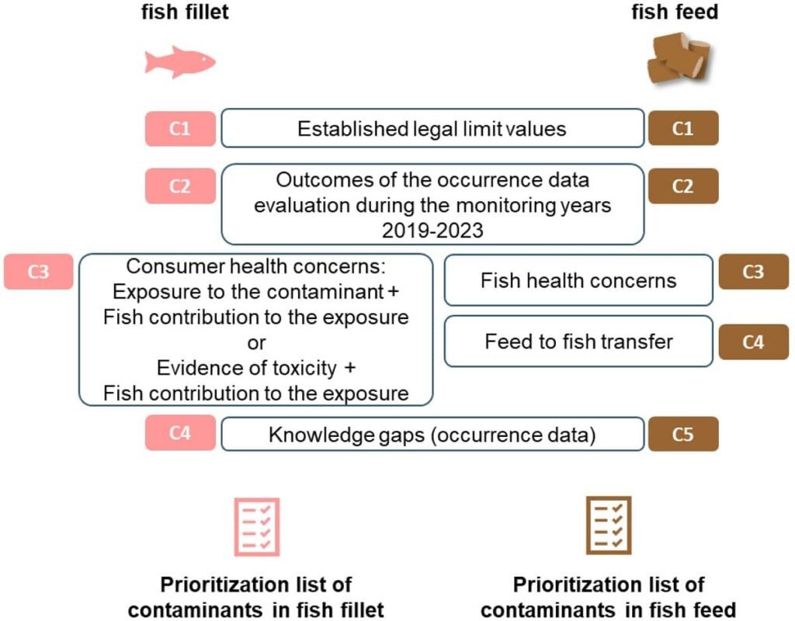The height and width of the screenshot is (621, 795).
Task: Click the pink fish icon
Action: pyautogui.click(x=179, y=62)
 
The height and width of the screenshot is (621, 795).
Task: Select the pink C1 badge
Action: pyautogui.click(x=179, y=129)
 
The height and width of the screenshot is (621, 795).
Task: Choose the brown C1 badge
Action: pyautogui.click(x=683, y=129)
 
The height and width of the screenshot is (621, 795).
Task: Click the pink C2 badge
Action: pyautogui.click(x=179, y=186)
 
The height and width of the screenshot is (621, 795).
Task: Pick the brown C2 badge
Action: pyautogui.click(x=683, y=186)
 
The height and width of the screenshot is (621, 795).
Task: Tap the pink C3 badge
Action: pyautogui.click(x=38, y=272)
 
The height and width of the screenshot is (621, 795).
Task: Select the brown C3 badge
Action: pyautogui.click(x=754, y=272)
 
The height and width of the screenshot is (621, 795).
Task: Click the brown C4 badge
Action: pyautogui.click(x=754, y=342)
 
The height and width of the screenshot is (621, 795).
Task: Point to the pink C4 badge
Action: pyautogui.click(x=179, y=434)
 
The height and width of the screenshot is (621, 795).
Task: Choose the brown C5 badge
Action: pyautogui.click(x=683, y=434)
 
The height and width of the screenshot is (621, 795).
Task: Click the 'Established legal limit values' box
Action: pyautogui.click(x=432, y=129)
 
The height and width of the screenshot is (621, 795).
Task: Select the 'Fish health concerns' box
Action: pyautogui.click(x=578, y=280)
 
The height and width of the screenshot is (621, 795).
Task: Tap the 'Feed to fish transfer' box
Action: pyautogui.click(x=578, y=342)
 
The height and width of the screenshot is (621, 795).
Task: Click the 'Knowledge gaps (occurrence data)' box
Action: pyautogui.click(x=432, y=435)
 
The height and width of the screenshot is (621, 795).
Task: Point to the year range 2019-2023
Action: pyautogui.click(x=432, y=231)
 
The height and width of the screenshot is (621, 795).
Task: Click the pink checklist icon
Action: pyautogui.click(x=257, y=527)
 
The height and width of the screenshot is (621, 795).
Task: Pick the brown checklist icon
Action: pyautogui.click(x=609, y=527)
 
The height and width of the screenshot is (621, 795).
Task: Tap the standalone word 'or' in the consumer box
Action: pyautogui.click(x=255, y=342)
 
